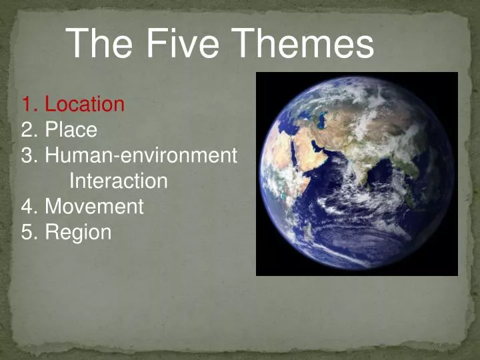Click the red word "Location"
tap(84, 105)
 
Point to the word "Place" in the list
tap(71, 130)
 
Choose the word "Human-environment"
tap(141, 155)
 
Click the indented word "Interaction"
tap(118, 181)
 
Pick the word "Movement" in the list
tap(94, 207)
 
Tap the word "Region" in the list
tap(78, 233)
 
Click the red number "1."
tap(29, 105)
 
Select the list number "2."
tap(29, 130)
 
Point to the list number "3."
tap(29, 155)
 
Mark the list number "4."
tap(29, 207)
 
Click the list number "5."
tap(29, 233)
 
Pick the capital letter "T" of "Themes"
tap(250, 44)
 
